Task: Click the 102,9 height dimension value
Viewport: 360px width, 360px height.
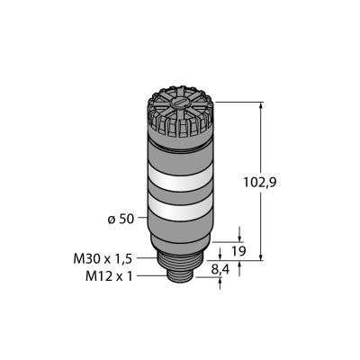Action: [x=260, y=183]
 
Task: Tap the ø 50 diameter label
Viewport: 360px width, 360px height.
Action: [x=121, y=220]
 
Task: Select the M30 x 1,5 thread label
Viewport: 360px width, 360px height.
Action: [x=103, y=259]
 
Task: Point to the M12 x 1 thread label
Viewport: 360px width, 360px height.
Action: [x=109, y=276]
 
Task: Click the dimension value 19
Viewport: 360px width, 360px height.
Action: [x=239, y=251]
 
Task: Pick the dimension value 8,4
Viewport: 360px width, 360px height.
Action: [x=220, y=270]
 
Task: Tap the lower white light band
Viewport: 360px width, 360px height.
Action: [x=180, y=208]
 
